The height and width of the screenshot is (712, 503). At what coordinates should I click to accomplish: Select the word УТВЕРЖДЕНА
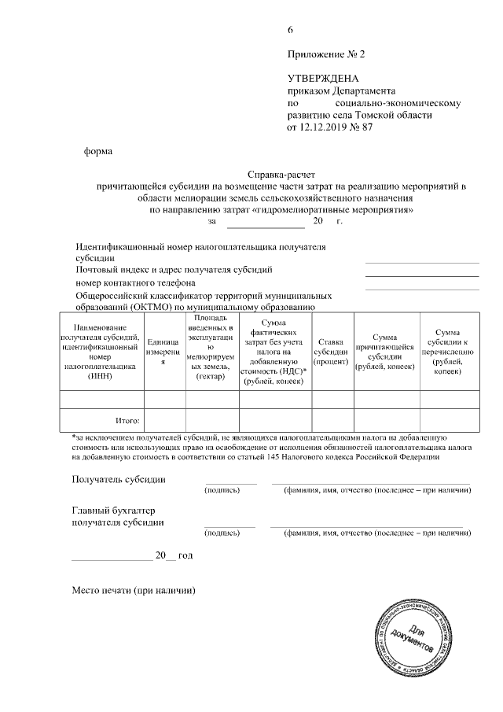(323, 79)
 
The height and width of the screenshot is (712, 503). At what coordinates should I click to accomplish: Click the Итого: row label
(127, 421)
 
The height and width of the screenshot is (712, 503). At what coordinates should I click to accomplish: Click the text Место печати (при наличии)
(133, 590)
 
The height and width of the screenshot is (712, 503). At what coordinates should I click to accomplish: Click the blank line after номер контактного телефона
(422, 289)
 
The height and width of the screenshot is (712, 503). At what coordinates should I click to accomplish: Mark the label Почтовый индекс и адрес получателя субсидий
(174, 270)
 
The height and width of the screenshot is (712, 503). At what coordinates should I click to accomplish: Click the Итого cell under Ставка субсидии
(332, 421)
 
